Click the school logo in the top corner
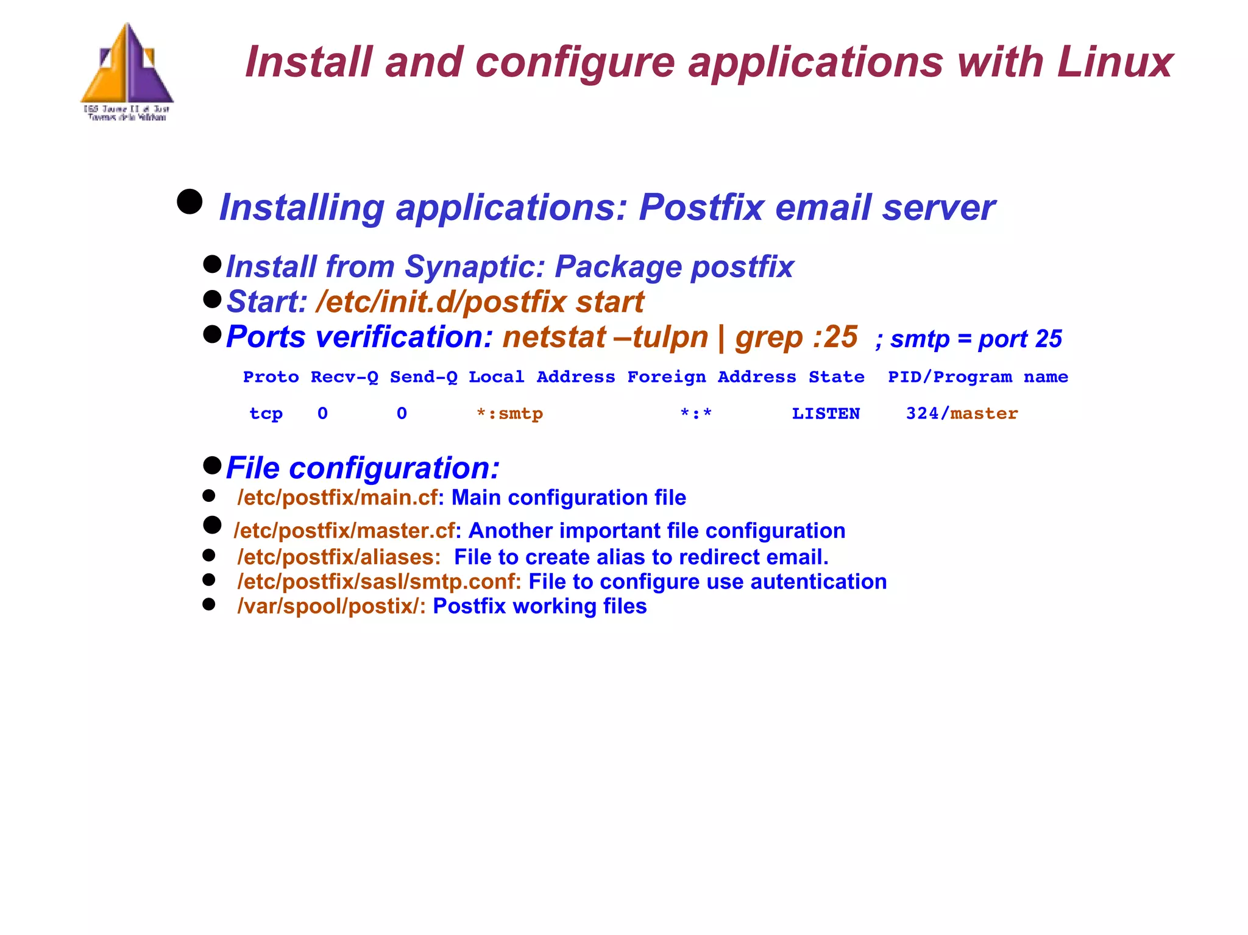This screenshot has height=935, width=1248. click(x=127, y=71)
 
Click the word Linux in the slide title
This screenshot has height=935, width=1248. click(x=1115, y=62)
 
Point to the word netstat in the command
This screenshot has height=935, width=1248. click(x=553, y=337)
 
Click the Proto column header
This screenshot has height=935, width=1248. click(x=271, y=377)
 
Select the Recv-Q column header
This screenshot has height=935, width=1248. click(x=344, y=377)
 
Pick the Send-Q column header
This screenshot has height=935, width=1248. click(x=424, y=377)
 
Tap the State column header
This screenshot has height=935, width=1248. click(x=836, y=377)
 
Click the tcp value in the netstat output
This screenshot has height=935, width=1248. click(x=266, y=414)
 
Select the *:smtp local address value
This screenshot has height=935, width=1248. click(x=509, y=414)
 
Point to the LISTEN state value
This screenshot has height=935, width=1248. click(x=826, y=414)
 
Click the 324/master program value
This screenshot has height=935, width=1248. click(x=962, y=414)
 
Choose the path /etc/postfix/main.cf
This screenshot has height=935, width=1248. click(x=338, y=498)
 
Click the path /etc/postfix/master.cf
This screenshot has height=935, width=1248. click(x=344, y=531)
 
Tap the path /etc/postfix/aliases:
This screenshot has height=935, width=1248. click(x=339, y=557)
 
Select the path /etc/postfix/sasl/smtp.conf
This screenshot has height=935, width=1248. click(x=378, y=582)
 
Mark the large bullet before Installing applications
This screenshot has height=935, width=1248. click(x=190, y=202)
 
